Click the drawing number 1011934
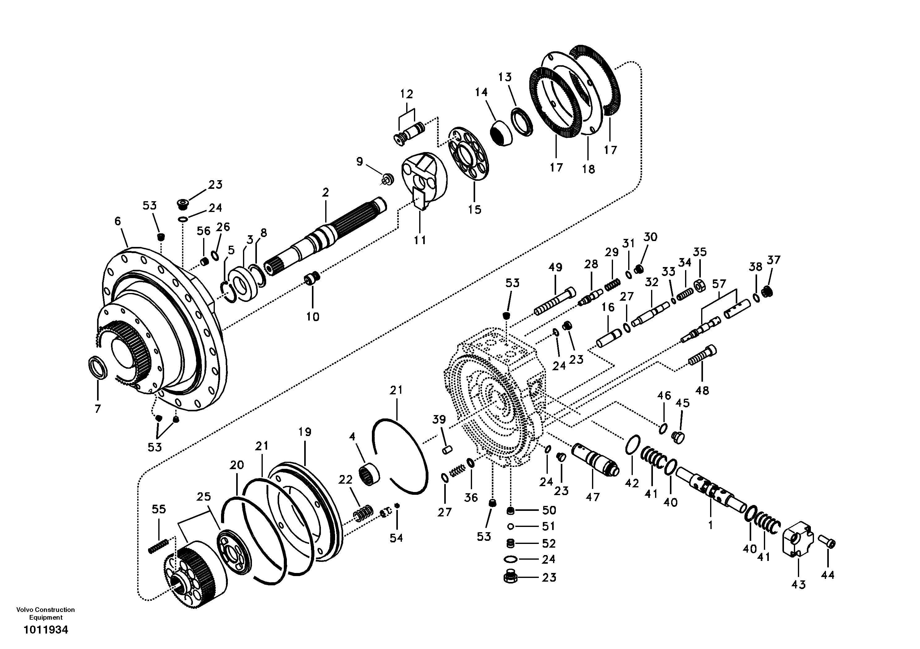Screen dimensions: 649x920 (x=46, y=630)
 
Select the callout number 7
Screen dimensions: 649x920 (x=98, y=409)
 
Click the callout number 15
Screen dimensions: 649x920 (x=475, y=209)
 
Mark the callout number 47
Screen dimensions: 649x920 (x=593, y=497)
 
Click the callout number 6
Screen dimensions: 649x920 (x=117, y=221)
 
